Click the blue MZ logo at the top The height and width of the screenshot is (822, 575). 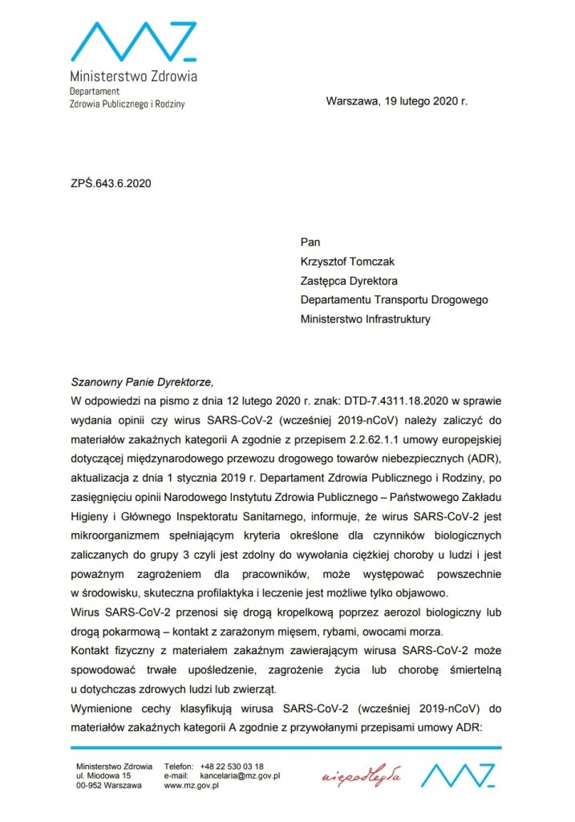(x=133, y=42)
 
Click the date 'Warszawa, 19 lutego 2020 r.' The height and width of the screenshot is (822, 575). (x=396, y=101)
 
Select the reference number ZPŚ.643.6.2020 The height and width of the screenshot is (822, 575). (x=111, y=182)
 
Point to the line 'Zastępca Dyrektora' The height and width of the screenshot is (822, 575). (x=349, y=281)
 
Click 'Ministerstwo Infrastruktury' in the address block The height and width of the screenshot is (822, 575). (x=365, y=319)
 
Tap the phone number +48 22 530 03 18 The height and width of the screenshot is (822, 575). (x=232, y=767)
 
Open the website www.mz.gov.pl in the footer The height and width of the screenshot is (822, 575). (x=192, y=786)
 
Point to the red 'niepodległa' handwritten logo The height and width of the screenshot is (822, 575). (x=361, y=777)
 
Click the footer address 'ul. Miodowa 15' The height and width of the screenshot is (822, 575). (x=103, y=776)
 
